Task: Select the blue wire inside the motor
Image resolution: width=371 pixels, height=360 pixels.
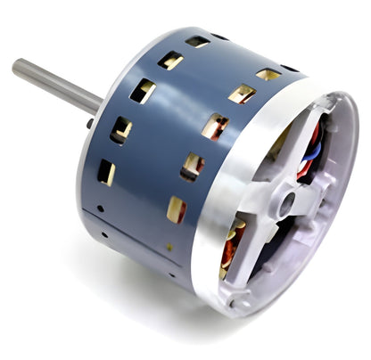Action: coord(312,152)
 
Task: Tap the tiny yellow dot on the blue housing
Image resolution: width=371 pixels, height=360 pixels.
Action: coord(169,246)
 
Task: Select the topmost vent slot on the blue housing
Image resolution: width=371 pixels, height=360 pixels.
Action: coord(197,41)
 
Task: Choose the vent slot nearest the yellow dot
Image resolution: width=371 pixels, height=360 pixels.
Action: coord(177,209)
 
